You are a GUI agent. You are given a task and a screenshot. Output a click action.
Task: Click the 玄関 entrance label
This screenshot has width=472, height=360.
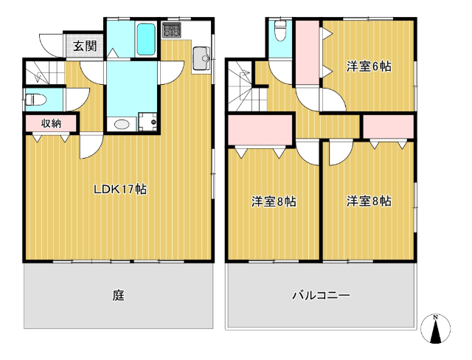(86, 46)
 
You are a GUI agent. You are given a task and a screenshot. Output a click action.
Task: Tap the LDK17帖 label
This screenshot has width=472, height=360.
(120, 190)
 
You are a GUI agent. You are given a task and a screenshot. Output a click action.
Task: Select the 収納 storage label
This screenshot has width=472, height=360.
(51, 123)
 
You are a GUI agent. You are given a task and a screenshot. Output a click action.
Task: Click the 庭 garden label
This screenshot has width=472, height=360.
(119, 295)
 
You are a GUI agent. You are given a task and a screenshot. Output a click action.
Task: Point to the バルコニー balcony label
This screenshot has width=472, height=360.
(322, 295)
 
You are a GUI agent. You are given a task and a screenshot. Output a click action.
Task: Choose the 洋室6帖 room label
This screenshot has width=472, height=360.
(369, 66)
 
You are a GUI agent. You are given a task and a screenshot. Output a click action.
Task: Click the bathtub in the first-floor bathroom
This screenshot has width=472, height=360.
(146, 39)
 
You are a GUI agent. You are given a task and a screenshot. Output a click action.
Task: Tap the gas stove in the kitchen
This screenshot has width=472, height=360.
(171, 30)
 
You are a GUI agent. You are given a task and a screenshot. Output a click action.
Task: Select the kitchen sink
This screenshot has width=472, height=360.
(201, 58)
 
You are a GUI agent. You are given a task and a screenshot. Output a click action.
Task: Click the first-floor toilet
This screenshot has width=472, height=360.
(35, 100)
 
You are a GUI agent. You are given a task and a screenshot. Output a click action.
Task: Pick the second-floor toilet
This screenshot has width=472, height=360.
(280, 31)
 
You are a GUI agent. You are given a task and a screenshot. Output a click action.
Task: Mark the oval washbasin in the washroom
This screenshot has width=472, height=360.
(122, 124)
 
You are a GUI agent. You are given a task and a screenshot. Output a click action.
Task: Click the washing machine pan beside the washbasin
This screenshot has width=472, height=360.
(147, 122)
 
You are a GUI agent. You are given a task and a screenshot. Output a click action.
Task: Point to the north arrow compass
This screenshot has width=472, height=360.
(435, 329)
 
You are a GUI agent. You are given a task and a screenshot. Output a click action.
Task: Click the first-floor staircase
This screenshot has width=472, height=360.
(44, 72)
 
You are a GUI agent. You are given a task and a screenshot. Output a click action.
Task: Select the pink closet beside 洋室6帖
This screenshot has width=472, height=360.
(307, 52)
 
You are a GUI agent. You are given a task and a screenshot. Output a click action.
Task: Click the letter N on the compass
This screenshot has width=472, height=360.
(435, 317)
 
